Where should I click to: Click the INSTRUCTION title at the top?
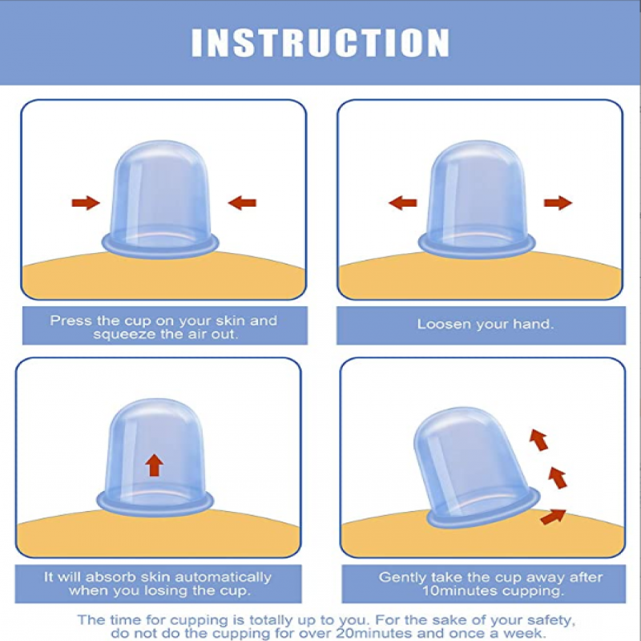click(x=320, y=42)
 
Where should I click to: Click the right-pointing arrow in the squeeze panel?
click(x=86, y=203)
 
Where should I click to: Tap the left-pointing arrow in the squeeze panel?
click(x=242, y=203)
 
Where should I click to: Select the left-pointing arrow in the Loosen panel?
click(x=403, y=203)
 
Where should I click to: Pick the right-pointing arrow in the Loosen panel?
click(x=558, y=203)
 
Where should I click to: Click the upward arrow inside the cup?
click(x=154, y=466)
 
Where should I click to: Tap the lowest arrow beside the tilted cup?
click(x=553, y=516)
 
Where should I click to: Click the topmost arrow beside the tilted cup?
click(x=538, y=440)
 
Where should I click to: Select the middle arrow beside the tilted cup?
click(x=558, y=478)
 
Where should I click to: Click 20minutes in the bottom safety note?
click(x=373, y=633)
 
